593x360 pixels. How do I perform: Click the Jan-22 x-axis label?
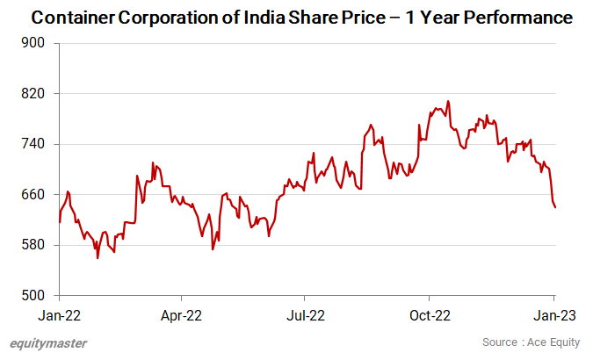(59, 313)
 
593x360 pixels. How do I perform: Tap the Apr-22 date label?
(182, 313)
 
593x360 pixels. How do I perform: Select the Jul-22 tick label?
(305, 313)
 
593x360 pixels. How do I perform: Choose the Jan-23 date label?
(553, 313)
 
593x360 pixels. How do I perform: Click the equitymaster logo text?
(48, 343)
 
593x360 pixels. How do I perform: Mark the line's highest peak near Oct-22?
(448, 101)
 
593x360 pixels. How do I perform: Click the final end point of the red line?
(555, 207)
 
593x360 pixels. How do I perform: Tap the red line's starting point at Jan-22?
(60, 222)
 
